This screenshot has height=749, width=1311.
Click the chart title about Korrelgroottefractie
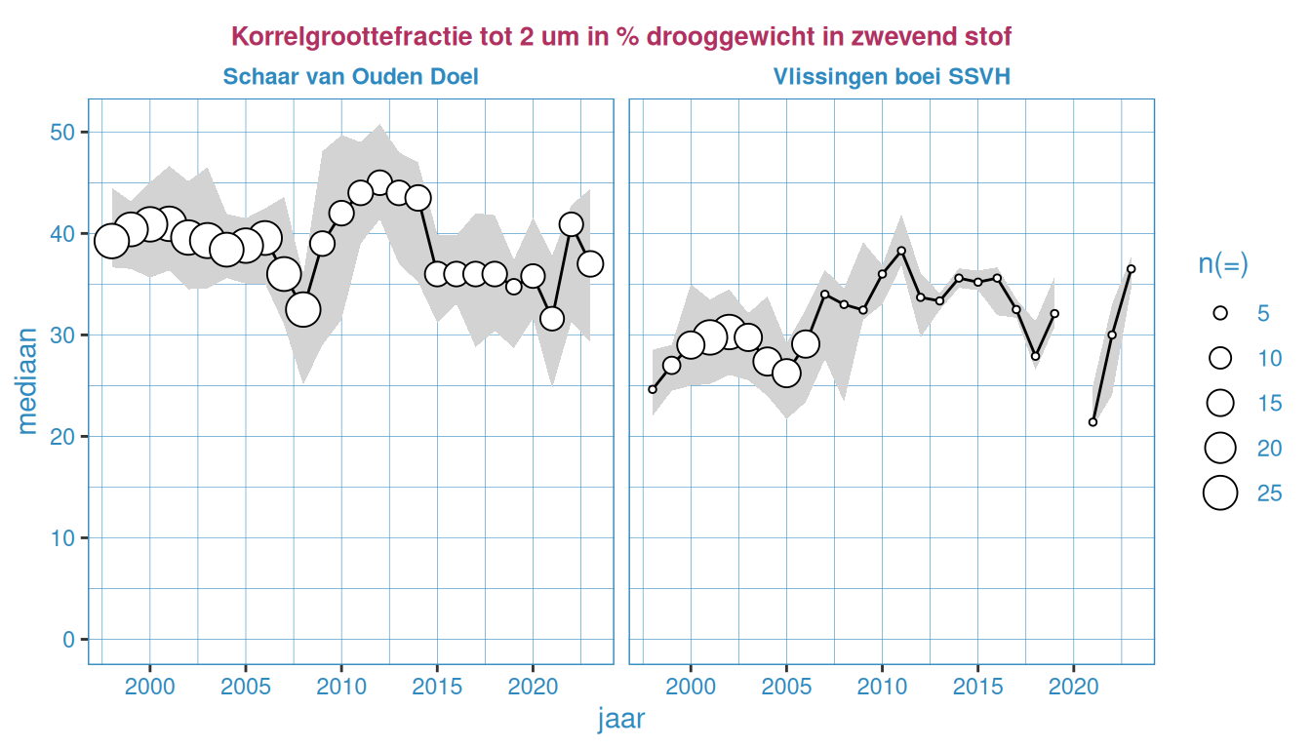point(621,37)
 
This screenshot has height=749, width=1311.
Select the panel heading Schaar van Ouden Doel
point(350,76)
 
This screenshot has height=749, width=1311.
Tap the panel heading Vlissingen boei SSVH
point(892,76)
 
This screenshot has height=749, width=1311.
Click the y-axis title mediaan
point(28,380)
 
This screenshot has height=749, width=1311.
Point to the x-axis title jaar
point(620,720)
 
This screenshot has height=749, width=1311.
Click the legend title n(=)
point(1223,264)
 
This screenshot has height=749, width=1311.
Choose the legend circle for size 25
point(1219,493)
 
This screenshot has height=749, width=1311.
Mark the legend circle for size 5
point(1219,313)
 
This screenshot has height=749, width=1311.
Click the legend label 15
point(1269,403)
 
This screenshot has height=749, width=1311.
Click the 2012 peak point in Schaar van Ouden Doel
point(379,183)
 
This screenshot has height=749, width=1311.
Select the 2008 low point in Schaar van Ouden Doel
point(303,309)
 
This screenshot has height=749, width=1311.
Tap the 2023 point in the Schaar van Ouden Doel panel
point(590,263)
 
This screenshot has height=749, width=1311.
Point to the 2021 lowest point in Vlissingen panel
point(1092,422)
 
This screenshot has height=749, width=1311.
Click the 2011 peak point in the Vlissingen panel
point(901,251)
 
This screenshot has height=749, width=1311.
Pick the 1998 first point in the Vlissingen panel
point(653,389)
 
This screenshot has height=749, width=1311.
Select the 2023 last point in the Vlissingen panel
point(1131,269)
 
